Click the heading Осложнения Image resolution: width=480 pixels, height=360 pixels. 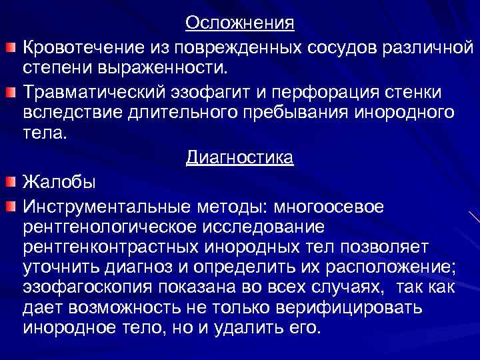pyautogui.click(x=239, y=23)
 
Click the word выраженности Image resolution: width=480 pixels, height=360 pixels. pyautogui.click(x=163, y=67)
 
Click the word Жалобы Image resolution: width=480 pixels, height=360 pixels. pyautogui.click(x=59, y=181)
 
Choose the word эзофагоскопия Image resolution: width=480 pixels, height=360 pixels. pyautogui.click(x=87, y=287)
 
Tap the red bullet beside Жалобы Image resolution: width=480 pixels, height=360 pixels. pyautogui.click(x=10, y=181)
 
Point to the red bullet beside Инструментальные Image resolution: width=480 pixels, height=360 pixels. pyautogui.click(x=10, y=206)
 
